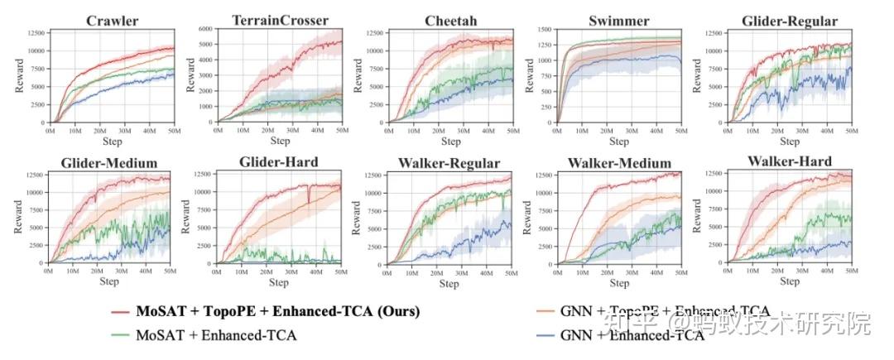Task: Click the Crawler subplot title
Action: [113, 20]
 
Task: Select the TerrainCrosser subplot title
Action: [280, 20]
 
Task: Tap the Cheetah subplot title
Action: [449, 20]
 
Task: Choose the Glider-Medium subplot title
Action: [110, 162]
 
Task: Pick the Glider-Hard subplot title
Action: [280, 162]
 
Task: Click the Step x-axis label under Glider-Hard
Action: [280, 282]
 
